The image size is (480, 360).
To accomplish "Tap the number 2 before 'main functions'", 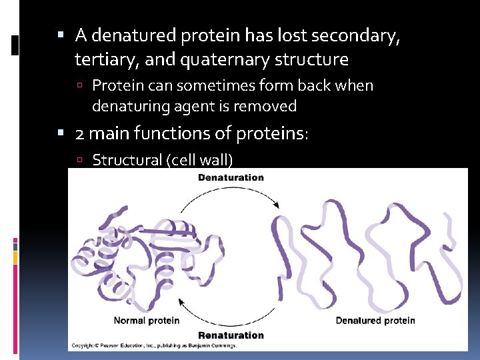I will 80,134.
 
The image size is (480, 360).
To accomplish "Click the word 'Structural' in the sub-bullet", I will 127,159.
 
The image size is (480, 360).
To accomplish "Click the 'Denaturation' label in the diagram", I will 231,177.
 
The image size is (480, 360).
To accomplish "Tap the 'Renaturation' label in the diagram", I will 231,335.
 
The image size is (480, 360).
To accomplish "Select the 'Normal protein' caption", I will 147,321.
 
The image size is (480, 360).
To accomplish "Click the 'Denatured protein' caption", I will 375,321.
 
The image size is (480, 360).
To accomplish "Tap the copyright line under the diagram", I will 157,345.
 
